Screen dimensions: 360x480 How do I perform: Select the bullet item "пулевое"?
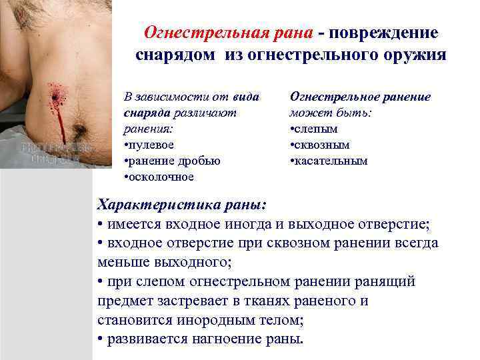[x=153, y=145]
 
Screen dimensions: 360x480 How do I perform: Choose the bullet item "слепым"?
[x=317, y=129]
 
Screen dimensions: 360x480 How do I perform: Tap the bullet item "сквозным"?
[x=323, y=145]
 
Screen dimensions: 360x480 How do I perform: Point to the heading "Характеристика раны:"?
[x=181, y=203]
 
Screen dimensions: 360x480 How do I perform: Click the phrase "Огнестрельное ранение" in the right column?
[x=360, y=97]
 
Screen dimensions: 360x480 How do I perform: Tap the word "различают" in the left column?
[x=213, y=113]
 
